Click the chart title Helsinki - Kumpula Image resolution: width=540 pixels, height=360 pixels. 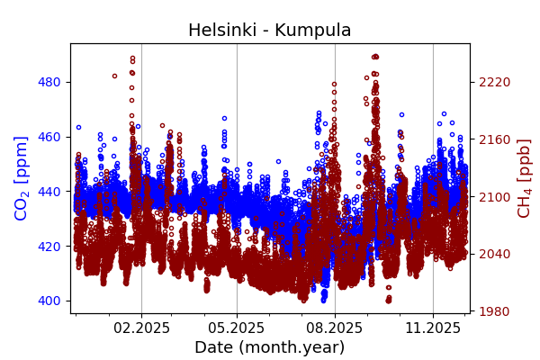point(269,31)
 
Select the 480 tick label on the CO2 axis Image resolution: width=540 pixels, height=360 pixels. point(49,82)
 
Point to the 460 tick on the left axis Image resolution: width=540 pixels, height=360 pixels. point(49,137)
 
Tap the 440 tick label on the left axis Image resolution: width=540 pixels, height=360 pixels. point(49,192)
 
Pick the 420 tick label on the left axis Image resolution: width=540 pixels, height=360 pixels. point(49,246)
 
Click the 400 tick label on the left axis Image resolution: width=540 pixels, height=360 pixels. point(49,301)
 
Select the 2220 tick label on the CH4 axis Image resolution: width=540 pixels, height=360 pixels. point(495,82)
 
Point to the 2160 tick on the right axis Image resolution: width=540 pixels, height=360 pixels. point(495,139)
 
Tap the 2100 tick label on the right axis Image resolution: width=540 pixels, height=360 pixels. point(495,196)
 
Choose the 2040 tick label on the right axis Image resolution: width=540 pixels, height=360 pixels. point(495,254)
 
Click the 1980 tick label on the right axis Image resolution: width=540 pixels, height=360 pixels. point(495,311)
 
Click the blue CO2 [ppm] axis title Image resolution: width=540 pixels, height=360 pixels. point(22,178)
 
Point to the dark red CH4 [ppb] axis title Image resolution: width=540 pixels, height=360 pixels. point(524,178)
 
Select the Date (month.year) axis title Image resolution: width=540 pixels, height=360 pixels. point(269,347)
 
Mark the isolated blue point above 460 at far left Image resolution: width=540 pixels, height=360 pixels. point(78,127)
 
